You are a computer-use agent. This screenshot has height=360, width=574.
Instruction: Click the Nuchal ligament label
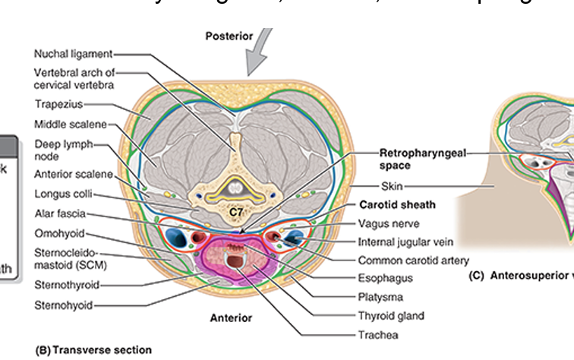73,54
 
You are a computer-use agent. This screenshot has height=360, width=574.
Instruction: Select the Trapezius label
58,103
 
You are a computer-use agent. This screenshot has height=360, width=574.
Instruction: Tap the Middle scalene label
71,124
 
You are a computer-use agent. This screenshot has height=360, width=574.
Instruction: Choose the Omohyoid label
59,232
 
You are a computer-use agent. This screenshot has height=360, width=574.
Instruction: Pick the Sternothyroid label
67,286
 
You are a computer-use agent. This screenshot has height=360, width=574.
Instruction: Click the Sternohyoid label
64,305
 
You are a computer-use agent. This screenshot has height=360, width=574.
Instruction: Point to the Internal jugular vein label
405,242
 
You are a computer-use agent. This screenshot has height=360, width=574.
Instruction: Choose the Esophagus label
385,279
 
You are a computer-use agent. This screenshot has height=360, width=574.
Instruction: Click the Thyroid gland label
390,316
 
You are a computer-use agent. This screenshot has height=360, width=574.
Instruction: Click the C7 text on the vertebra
236,213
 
